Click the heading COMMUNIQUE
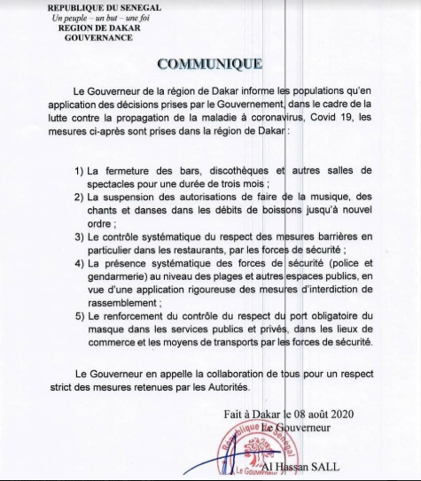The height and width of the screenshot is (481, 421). point(209,63)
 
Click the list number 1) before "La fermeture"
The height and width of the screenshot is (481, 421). point(80,169)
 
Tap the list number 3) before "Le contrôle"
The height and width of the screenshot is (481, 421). point(80,237)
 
